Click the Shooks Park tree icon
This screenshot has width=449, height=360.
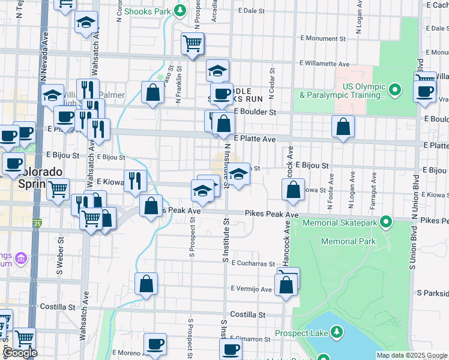point(179,11)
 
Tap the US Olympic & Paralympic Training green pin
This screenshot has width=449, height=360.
point(394,91)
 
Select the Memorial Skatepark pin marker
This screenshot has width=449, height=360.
point(386,223)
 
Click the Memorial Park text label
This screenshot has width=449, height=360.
point(348,241)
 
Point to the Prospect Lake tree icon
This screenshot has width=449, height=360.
point(336,332)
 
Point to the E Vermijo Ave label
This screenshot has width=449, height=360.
point(252,289)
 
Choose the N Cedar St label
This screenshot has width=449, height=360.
point(272,88)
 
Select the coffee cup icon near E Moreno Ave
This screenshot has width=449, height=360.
point(155,344)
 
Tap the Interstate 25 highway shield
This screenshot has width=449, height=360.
point(38,224)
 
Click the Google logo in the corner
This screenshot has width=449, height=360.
point(19,353)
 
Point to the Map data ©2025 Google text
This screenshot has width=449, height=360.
point(411,355)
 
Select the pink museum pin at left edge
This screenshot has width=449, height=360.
point(22,259)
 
